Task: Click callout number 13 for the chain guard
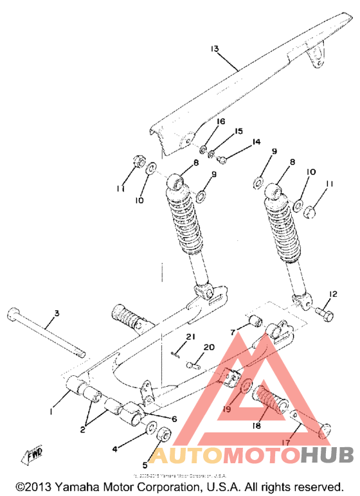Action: pyautogui.click(x=214, y=49)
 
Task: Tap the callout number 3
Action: pyautogui.click(x=57, y=313)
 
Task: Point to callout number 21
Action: pyautogui.click(x=190, y=337)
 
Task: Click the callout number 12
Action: pyautogui.click(x=332, y=294)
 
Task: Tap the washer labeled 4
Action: pyautogui.click(x=147, y=429)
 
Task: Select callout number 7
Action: pyautogui.click(x=233, y=332)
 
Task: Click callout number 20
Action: pyautogui.click(x=208, y=348)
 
